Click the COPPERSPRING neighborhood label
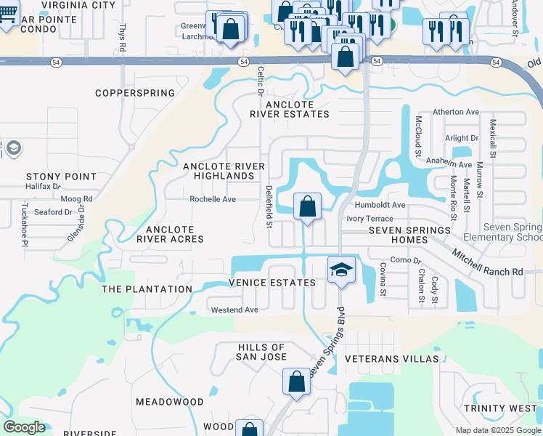click(x=136, y=93)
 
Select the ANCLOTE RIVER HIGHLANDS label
click(x=224, y=171)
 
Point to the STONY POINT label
click(x=61, y=177)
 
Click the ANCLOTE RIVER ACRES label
click(x=170, y=234)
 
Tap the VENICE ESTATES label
click(x=272, y=283)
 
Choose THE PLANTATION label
click(x=147, y=289)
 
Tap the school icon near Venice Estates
click(x=340, y=270)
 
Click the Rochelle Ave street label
click(x=213, y=199)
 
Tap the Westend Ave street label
click(x=234, y=310)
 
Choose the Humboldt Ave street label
click(x=380, y=205)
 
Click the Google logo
click(x=24, y=427)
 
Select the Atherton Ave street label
click(x=456, y=112)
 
